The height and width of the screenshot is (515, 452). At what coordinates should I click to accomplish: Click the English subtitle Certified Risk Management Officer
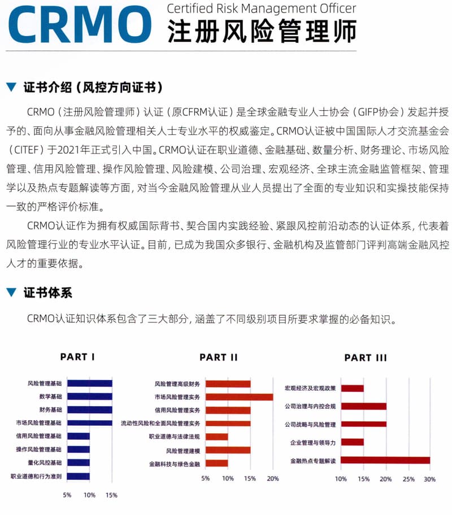click(262, 8)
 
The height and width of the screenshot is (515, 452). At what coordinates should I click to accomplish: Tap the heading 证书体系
click(47, 293)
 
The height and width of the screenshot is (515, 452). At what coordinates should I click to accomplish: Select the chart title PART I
click(77, 357)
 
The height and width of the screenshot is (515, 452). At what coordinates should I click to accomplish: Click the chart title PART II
click(219, 357)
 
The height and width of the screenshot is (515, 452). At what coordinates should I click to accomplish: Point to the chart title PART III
click(366, 357)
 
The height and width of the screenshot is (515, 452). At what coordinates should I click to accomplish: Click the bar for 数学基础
click(89, 396)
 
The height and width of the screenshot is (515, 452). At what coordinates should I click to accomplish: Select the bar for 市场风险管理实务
click(239, 396)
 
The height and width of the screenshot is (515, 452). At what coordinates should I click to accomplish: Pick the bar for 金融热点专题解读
click(385, 460)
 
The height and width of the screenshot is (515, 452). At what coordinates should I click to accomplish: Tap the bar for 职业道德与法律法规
click(216, 437)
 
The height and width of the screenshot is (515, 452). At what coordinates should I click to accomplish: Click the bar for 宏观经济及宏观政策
click(353, 388)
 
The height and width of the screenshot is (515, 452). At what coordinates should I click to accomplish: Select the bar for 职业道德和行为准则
click(78, 476)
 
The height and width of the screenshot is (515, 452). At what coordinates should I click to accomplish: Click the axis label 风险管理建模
click(184, 450)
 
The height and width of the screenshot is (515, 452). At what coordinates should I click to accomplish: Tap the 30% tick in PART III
click(430, 479)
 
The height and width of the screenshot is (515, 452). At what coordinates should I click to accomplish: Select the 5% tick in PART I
click(67, 495)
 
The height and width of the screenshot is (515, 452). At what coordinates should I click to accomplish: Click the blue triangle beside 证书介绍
click(11, 88)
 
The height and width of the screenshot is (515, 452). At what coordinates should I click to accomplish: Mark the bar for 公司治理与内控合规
click(363, 406)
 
